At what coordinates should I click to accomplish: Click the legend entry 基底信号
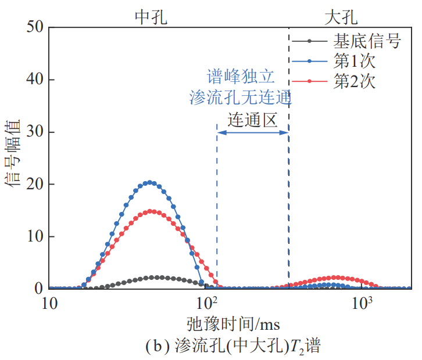coord(366,41)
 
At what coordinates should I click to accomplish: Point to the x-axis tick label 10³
coord(363,303)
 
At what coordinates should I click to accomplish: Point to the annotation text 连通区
coord(252,120)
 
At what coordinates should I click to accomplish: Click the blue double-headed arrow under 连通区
coord(252,133)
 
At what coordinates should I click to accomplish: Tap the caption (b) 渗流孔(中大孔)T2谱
coord(232,347)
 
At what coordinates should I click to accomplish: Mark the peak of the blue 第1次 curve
coord(150,182)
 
